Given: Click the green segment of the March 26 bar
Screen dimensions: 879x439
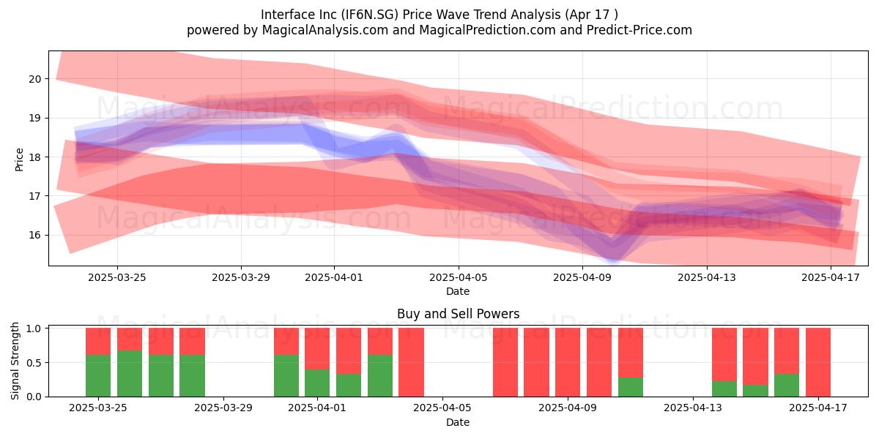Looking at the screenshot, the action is [x=130, y=374].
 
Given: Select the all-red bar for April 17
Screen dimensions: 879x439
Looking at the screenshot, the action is [x=818, y=362].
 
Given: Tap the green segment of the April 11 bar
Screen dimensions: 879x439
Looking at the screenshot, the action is [x=631, y=387].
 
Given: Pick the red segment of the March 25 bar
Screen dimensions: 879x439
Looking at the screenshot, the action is [x=98, y=342].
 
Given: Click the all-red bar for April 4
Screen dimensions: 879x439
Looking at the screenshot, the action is [x=411, y=362].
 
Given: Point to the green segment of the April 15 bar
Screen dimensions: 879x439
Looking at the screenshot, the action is [x=755, y=391].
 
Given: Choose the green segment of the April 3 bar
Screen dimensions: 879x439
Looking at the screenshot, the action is [x=380, y=376].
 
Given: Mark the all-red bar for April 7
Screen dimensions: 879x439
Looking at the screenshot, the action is [x=505, y=362].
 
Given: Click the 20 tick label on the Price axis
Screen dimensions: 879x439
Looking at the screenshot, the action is [x=34, y=79].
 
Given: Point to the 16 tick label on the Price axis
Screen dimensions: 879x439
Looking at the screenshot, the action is [x=34, y=235].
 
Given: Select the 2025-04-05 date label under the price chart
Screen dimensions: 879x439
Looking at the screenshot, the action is [x=459, y=277].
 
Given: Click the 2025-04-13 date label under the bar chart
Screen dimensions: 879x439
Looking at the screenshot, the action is [x=693, y=408].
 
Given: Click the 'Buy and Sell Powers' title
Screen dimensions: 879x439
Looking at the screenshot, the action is [x=459, y=314].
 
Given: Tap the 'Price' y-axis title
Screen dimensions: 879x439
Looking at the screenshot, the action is [x=19, y=160].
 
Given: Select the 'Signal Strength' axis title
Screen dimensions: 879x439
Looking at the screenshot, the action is [x=15, y=361].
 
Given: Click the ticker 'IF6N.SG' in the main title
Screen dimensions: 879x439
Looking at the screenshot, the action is [x=369, y=15].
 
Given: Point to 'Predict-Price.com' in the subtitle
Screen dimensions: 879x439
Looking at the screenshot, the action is [x=639, y=30].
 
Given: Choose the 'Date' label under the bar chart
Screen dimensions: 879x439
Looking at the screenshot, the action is [x=458, y=422].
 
